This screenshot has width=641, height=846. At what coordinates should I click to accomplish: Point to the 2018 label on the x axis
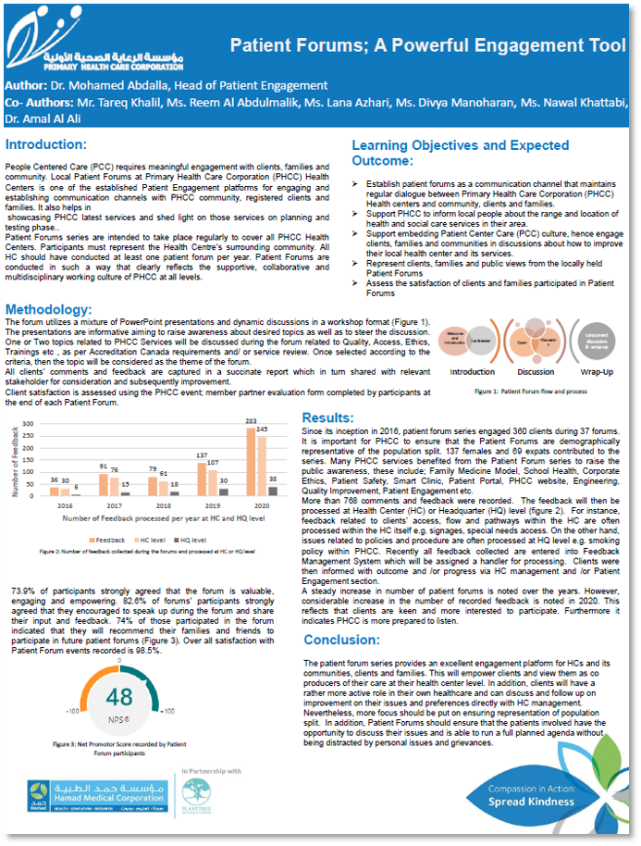point(163,506)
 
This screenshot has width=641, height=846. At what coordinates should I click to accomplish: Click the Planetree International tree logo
point(195,791)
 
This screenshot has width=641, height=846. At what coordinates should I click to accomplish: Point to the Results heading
point(328,418)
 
